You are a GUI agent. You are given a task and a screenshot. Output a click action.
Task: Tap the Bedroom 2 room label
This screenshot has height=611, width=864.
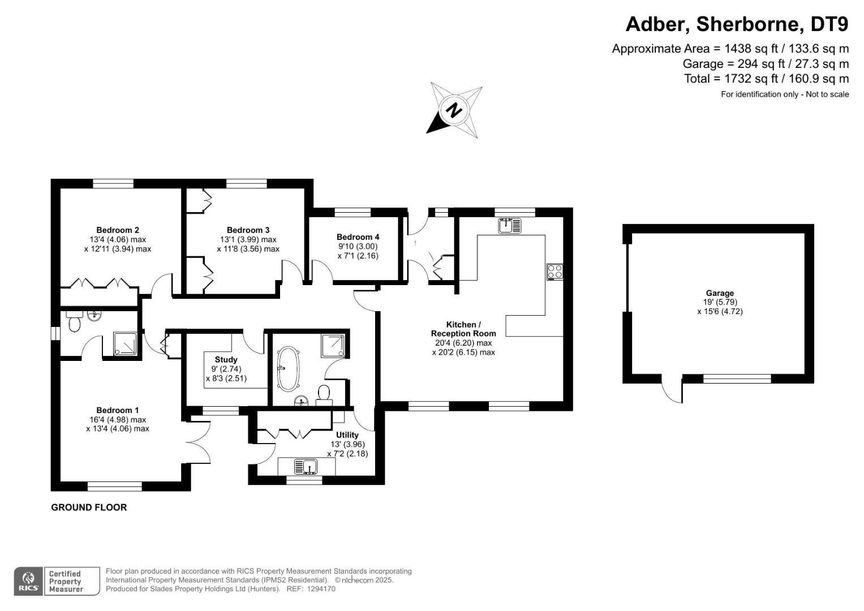(118, 230)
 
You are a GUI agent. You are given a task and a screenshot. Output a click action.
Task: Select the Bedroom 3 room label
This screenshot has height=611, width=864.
(248, 230)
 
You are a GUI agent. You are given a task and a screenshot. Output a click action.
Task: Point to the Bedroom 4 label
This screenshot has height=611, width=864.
(358, 237)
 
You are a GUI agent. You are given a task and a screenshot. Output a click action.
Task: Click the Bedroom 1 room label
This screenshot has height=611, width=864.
(117, 410)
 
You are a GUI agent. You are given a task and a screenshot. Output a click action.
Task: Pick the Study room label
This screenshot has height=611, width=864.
(226, 360)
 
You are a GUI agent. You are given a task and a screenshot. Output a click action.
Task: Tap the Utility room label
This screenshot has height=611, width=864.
(347, 435)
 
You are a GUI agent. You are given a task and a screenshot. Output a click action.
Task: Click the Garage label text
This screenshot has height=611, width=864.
(720, 293)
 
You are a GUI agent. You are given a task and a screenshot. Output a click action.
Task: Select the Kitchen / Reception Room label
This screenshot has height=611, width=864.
(463, 329)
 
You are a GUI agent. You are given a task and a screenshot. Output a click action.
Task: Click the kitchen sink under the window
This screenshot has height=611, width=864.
(510, 226)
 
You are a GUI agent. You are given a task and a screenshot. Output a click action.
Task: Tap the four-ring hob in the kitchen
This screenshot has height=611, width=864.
(554, 272)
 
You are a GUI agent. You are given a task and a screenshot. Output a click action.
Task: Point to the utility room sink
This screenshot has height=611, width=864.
(306, 467)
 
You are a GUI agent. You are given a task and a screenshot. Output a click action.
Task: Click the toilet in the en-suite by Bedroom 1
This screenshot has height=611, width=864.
(74, 322)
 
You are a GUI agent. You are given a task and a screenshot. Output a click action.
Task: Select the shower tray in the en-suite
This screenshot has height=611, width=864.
(125, 344)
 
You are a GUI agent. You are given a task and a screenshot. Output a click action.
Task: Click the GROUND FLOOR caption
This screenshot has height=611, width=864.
(89, 507)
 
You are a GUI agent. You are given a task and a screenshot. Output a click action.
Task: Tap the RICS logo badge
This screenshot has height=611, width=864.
(28, 581)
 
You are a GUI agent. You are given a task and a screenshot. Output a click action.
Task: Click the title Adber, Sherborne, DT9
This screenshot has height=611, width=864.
(737, 24)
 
